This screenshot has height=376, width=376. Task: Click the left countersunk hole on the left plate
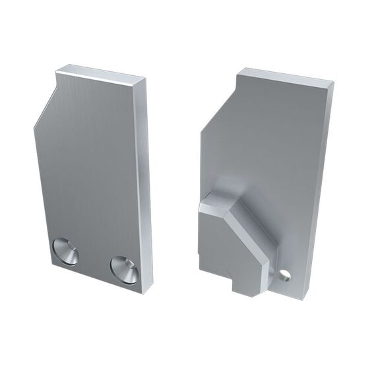(x=65, y=251)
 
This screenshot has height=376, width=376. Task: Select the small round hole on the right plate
(x=284, y=274)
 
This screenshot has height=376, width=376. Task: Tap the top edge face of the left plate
(x=102, y=74)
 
